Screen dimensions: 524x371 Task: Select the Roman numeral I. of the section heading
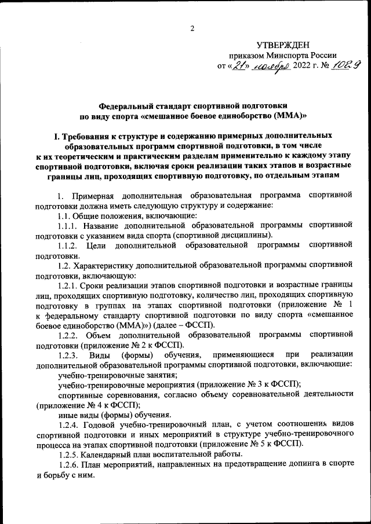coord(56,137)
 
